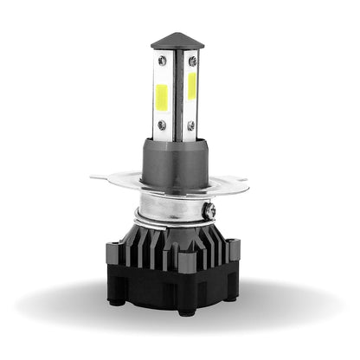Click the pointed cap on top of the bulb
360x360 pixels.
tap(177, 41)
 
